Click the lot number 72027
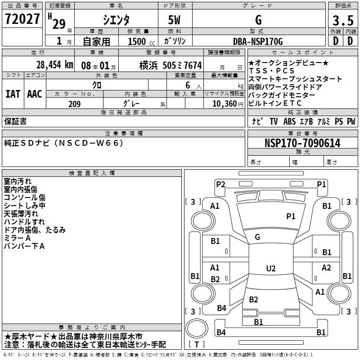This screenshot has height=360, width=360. coord(22,20)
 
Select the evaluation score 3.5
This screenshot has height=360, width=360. coord(343,21)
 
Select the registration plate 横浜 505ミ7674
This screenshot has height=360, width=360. coord(164,65)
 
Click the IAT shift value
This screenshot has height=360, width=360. coord(13,94)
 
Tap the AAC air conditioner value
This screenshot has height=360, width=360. coord(34,94)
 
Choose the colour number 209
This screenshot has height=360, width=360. coord(75,104)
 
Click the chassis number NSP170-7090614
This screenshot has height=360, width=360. coord(302,143)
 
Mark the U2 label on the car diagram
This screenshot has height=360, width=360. coord(270,269)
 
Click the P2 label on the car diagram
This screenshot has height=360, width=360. coord(220,184)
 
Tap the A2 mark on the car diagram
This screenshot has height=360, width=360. coord(326,268)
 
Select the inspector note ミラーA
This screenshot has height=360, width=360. coord(17,238)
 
